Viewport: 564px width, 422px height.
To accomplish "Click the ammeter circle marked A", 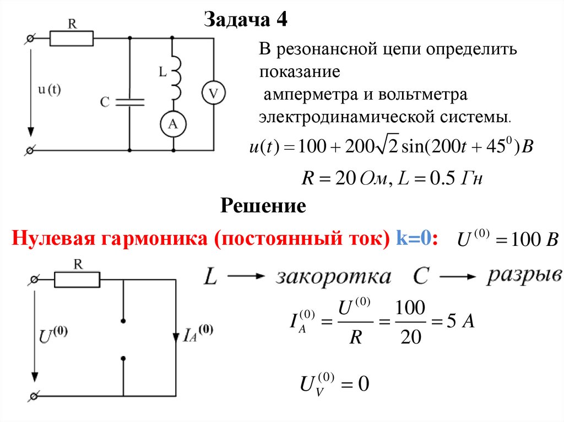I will coord(173,125).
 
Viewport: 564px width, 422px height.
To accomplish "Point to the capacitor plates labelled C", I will coord(130,102).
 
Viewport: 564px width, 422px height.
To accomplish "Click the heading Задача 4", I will coord(246,20).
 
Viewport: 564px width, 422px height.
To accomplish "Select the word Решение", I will coord(263,206).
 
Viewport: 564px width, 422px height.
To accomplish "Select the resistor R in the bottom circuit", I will coord(77,280).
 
